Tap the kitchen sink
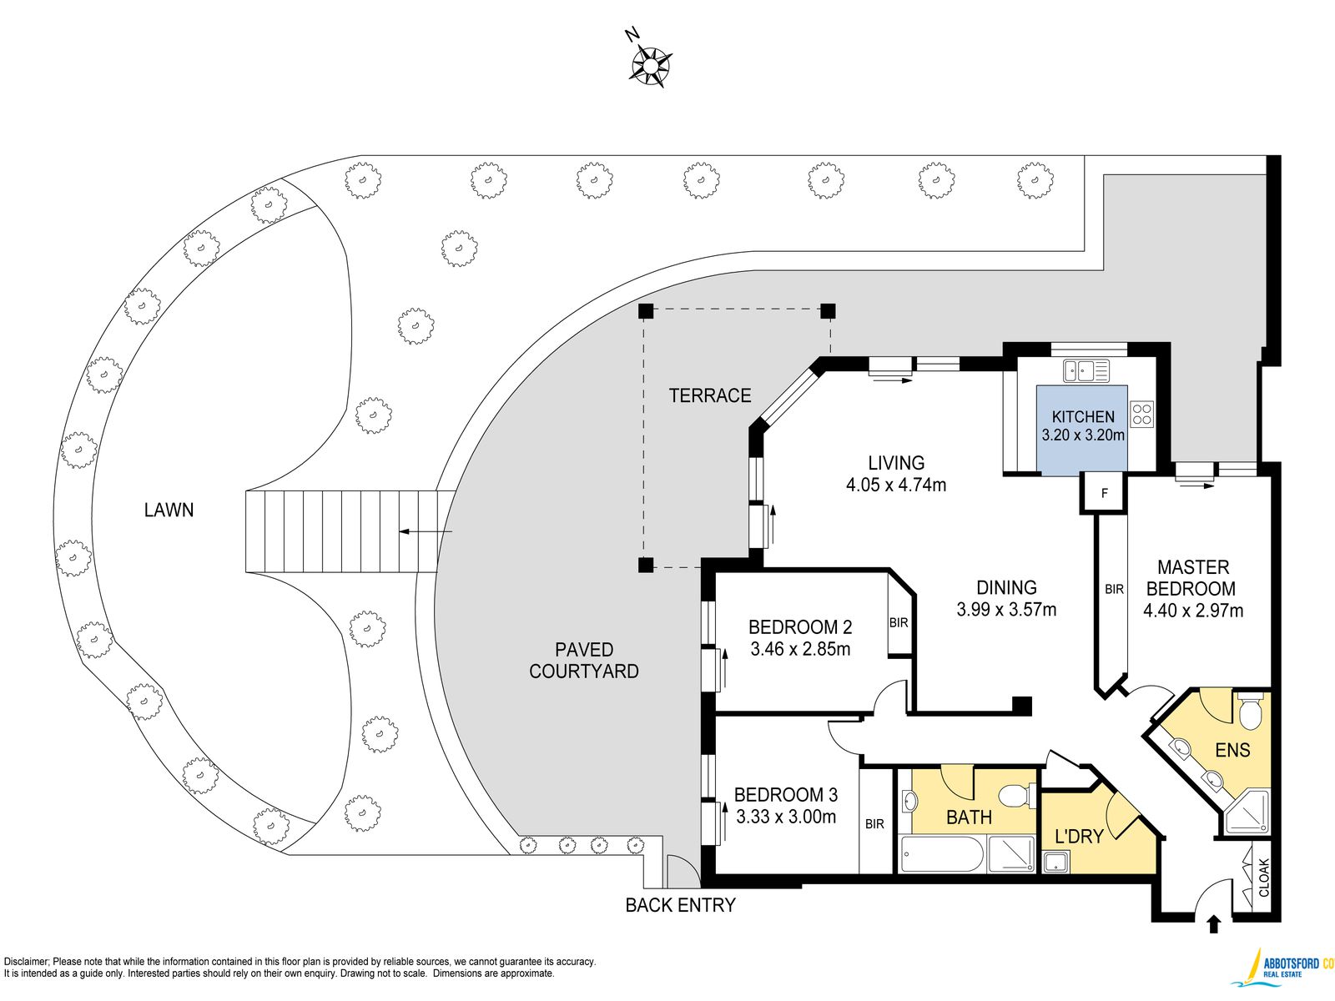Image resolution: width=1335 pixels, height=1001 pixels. (x=1086, y=370)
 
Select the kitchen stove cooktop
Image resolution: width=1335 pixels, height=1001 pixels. (x=1141, y=413)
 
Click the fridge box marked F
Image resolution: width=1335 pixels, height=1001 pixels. (x=1104, y=493)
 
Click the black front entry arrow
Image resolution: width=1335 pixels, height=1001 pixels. (x=1213, y=924)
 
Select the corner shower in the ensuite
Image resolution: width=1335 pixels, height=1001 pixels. (x=1247, y=812)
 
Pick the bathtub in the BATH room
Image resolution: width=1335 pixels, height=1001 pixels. (x=941, y=854)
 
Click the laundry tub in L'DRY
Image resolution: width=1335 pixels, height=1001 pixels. (x=1055, y=862)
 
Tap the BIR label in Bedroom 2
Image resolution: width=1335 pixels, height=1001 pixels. (x=899, y=622)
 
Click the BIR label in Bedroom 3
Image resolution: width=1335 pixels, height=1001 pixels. (x=874, y=824)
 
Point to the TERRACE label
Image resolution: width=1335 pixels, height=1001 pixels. (x=710, y=395)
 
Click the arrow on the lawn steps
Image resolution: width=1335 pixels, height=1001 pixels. (x=426, y=532)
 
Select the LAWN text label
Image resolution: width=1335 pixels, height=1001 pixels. (x=169, y=510)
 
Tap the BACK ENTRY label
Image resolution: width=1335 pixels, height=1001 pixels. (x=681, y=905)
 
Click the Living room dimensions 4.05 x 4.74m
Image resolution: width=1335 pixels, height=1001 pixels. (x=896, y=485)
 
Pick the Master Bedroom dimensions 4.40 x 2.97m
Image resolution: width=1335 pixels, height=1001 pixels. (x=1192, y=611)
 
